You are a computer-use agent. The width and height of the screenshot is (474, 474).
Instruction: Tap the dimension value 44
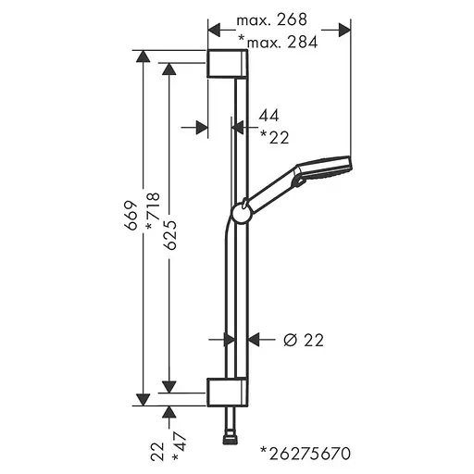(x=269, y=116)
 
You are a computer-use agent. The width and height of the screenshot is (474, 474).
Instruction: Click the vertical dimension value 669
(x=131, y=214)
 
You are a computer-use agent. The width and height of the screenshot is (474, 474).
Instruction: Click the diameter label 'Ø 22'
(x=302, y=340)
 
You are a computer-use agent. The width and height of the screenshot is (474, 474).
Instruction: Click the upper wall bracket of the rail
(x=228, y=65)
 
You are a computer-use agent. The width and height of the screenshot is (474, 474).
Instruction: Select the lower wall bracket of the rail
(x=228, y=391)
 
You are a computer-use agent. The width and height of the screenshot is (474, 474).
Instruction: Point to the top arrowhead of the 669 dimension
(x=142, y=56)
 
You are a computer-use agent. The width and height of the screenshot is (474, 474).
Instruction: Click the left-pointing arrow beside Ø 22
(x=258, y=340)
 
